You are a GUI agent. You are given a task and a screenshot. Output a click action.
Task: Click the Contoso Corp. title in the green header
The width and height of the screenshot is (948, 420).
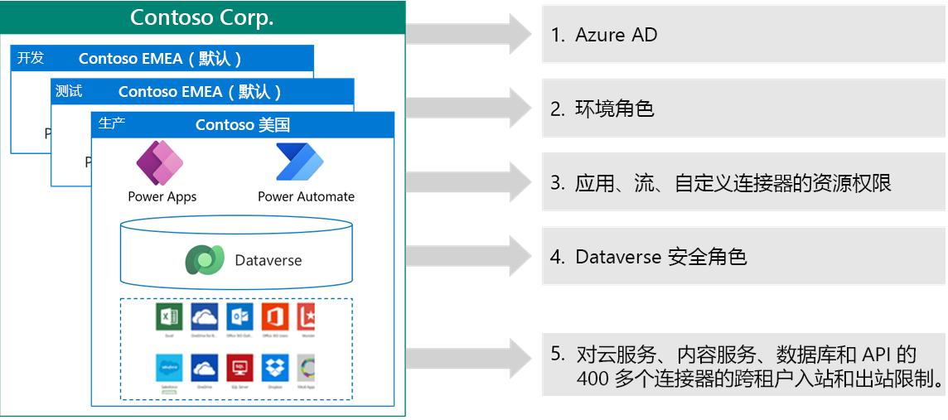pos(202,17)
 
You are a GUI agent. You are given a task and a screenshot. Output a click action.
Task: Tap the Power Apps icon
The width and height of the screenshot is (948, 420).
pos(160,163)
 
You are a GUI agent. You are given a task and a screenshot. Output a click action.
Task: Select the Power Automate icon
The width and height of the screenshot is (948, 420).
pos(300,163)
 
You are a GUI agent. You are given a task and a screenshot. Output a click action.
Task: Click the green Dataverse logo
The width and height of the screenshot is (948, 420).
pos(205,260)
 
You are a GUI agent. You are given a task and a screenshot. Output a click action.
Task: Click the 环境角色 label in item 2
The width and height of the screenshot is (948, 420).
pos(614,109)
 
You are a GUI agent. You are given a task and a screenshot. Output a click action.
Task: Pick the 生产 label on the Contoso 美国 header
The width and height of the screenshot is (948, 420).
pos(112,123)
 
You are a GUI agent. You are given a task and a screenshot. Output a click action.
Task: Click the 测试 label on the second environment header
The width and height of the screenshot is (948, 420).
pos(69,91)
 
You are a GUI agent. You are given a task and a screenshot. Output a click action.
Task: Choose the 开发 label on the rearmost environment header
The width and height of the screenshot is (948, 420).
pos(31,58)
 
